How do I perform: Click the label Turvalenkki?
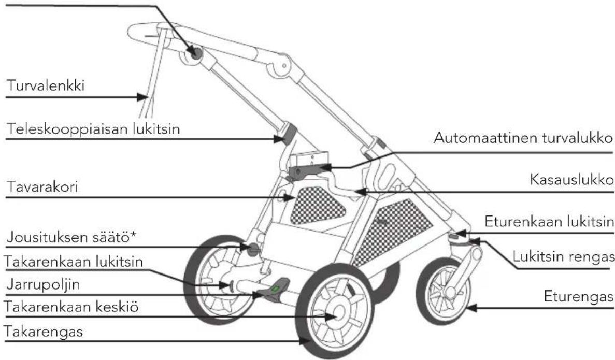point(46,85)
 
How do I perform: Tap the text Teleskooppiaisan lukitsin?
point(93,128)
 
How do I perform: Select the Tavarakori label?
point(42,187)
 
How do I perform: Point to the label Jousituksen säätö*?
point(72,237)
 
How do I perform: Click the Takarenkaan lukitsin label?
point(74,262)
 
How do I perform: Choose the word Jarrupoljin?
point(43,284)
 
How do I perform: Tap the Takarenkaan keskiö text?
point(71,306)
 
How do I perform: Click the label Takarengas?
point(43,332)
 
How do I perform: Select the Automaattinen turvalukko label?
point(523,138)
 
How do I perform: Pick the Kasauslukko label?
point(571,180)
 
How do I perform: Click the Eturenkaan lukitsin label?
point(549,222)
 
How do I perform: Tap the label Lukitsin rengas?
point(564,257)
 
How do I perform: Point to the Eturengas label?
point(579,296)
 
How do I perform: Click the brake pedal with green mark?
point(276,290)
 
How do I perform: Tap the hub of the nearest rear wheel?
point(337,312)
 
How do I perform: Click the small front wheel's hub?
point(450,292)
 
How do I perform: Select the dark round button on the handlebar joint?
point(194,53)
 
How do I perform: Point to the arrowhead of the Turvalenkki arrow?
point(142,97)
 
